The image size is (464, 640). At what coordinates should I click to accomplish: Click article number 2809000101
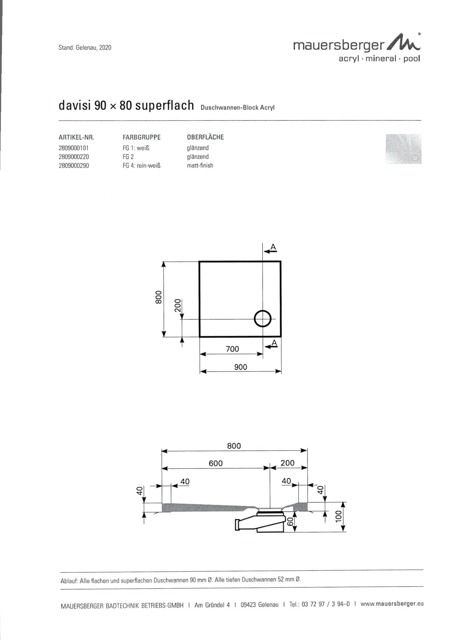click(74, 148)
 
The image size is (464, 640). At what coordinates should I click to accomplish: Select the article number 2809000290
click(74, 166)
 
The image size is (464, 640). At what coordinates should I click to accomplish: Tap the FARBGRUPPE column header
click(142, 138)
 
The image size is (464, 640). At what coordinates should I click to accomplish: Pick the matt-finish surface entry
click(200, 165)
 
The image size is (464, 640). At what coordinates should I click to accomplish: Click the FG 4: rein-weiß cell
click(142, 166)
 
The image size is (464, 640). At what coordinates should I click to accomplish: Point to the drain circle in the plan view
click(262, 318)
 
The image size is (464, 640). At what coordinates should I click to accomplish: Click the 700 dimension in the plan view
click(232, 349)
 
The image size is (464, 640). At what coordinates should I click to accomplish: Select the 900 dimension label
click(240, 367)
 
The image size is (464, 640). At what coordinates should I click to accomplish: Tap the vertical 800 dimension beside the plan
click(158, 297)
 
